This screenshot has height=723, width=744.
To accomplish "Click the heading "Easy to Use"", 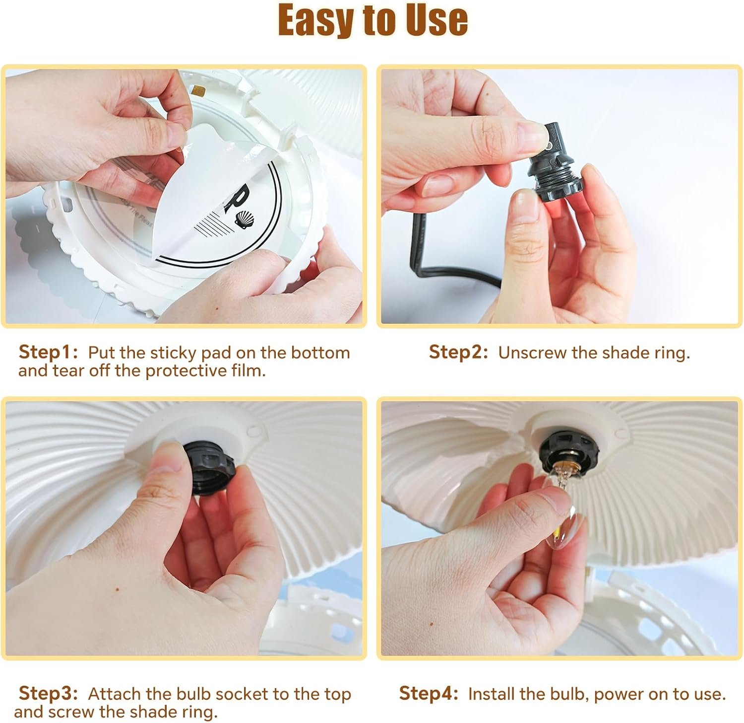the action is click(x=373, y=20).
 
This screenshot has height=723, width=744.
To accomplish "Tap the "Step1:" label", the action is click(x=48, y=353).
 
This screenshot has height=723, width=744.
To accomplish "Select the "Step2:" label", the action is click(x=459, y=353).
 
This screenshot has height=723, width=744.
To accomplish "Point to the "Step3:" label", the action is click(x=48, y=694).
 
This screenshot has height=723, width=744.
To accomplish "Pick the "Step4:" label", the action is click(x=429, y=694).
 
